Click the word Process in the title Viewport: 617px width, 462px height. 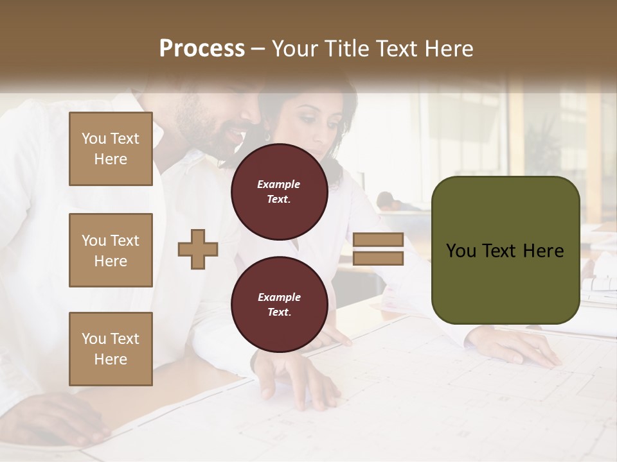pyautogui.click(x=202, y=49)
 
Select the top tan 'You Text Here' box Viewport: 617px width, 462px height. pyautogui.click(x=111, y=149)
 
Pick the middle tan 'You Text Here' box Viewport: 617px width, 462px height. pyautogui.click(x=111, y=250)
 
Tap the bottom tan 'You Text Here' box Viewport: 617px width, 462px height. pyautogui.click(x=111, y=348)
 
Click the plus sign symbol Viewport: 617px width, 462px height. pyautogui.click(x=197, y=248)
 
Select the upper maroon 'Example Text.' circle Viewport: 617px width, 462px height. pyautogui.click(x=279, y=192)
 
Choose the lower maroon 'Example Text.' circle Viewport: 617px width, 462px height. pyautogui.click(x=279, y=305)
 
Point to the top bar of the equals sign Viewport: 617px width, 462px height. pyautogui.click(x=378, y=239)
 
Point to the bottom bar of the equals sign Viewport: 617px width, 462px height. pyautogui.click(x=378, y=259)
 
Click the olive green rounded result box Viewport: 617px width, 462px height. pyautogui.click(x=505, y=250)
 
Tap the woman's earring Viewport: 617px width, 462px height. pyautogui.click(x=268, y=136)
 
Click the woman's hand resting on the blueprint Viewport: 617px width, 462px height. pyautogui.click(x=514, y=346)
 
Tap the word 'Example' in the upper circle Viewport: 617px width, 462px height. pyautogui.click(x=279, y=184)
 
